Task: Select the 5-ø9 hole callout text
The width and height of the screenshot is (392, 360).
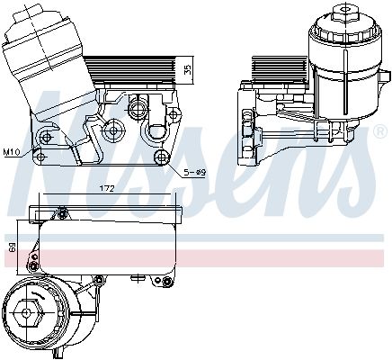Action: click(x=194, y=172)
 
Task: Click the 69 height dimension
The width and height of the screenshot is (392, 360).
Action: click(x=11, y=244)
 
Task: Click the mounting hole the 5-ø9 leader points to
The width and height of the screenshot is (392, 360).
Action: click(x=163, y=158)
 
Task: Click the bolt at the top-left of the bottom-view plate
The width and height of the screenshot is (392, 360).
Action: click(x=63, y=212)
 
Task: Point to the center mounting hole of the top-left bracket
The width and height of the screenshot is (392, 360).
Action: click(x=113, y=130)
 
